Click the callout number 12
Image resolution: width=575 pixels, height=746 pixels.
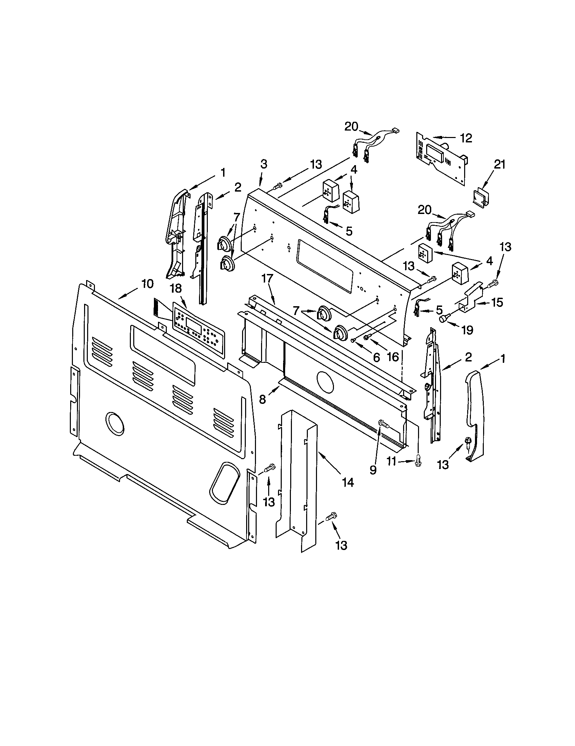pyautogui.click(x=466, y=138)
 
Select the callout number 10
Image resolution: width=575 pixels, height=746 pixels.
pyautogui.click(x=147, y=283)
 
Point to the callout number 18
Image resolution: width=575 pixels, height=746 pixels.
pyautogui.click(x=176, y=289)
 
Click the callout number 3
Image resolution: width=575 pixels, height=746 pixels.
pyautogui.click(x=264, y=164)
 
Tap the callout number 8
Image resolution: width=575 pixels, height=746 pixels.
pyautogui.click(x=262, y=399)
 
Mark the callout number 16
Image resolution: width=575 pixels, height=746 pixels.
pyautogui.click(x=393, y=357)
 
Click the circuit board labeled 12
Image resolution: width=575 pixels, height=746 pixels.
pyautogui.click(x=440, y=159)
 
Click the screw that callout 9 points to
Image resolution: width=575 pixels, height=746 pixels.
pyautogui.click(x=384, y=425)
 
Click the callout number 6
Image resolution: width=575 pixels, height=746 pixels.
pyautogui.click(x=376, y=357)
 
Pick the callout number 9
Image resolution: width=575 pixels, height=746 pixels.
pyautogui.click(x=373, y=470)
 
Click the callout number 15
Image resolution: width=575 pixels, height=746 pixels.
pyautogui.click(x=497, y=302)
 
